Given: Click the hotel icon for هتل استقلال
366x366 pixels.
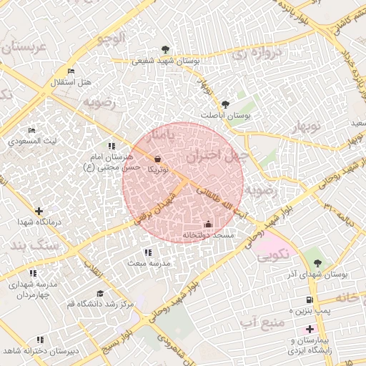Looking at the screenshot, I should (70, 71).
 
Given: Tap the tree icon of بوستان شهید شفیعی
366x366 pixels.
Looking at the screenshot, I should (166, 49).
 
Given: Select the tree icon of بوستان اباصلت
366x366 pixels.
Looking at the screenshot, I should (226, 104).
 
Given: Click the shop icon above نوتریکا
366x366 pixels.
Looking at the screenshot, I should (157, 159).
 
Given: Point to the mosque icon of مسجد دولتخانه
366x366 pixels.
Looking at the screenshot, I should (208, 224).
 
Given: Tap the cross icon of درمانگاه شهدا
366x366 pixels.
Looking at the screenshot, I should (39, 211).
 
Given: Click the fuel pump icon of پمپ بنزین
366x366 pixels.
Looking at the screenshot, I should (309, 300).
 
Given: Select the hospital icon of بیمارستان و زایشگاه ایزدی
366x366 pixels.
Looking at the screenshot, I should (309, 329).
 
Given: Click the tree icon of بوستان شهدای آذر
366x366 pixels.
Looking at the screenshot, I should (317, 263).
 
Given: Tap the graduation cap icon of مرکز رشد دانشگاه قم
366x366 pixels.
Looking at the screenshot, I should (100, 293).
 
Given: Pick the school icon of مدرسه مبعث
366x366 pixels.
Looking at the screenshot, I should (148, 252).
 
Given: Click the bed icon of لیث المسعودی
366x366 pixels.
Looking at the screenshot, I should (31, 130).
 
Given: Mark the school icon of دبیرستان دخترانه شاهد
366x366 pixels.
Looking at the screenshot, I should (40, 340).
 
